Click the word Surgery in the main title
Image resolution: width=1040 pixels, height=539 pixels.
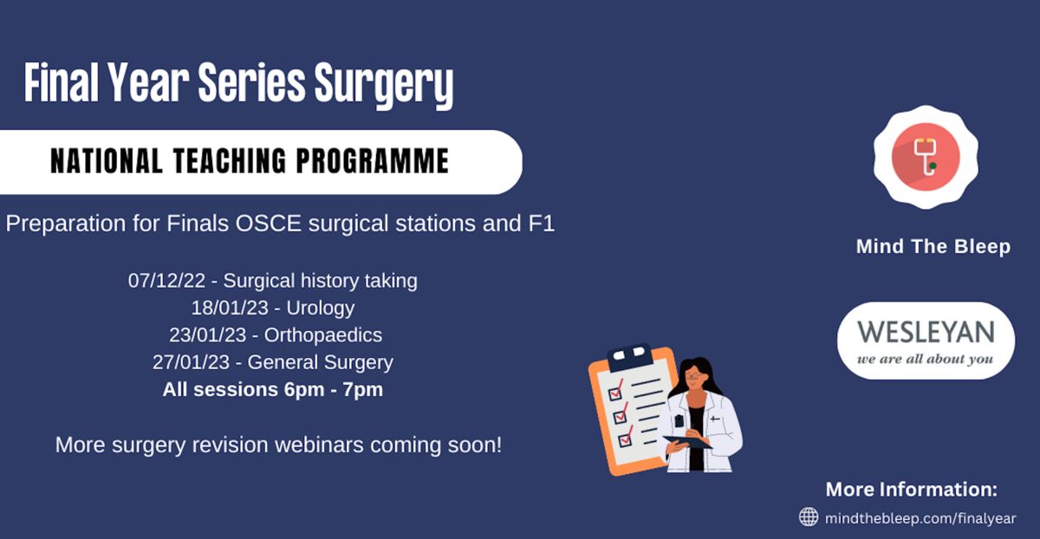coord(383,85)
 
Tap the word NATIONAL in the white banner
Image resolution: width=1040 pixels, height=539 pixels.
coord(107,160)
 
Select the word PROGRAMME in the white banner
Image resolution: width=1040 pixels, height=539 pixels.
coord(373,160)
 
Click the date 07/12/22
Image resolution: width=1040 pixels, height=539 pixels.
coord(166,281)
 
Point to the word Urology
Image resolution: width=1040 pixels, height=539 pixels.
coord(321,308)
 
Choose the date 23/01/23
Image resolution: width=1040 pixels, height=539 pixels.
coord(207,335)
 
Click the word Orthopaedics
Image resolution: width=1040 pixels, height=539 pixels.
coord(323,335)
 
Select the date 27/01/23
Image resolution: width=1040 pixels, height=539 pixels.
coord(191,362)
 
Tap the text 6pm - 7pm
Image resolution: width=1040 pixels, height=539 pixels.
coord(334,389)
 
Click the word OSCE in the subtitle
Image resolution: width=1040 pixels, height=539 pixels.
coord(269,224)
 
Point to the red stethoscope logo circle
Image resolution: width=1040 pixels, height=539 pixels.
coord(926,157)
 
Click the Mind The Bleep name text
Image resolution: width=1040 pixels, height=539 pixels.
coord(933,246)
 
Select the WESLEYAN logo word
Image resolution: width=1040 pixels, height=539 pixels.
coord(926,332)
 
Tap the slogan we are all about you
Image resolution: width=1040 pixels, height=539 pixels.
coord(925,359)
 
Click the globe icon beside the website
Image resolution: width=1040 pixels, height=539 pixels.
coord(809,516)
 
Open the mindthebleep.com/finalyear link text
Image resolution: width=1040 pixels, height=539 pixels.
coord(920,518)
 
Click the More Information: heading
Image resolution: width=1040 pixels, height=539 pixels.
coord(912,490)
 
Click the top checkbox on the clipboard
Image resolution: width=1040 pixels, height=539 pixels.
coord(615,393)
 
